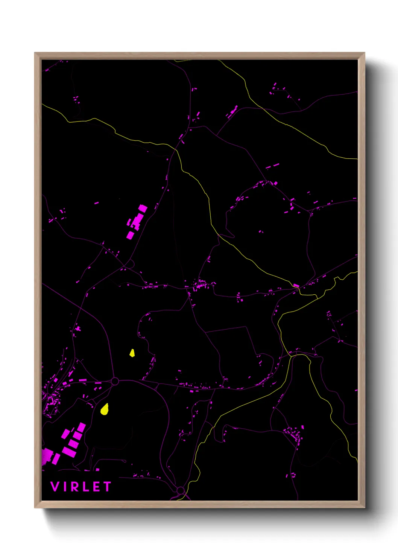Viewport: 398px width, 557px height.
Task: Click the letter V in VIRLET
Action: tap(55, 487)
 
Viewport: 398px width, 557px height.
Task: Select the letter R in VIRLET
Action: tap(74, 487)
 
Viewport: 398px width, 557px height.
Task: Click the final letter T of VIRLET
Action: tap(107, 487)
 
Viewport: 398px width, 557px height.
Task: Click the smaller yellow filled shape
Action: tap(132, 353)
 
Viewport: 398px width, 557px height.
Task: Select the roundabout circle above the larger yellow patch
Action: tap(115, 382)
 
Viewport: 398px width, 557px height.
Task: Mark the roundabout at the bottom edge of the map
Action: tap(181, 490)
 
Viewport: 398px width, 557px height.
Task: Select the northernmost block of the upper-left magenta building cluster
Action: tap(143, 208)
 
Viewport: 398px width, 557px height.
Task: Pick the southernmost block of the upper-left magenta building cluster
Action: tap(130, 236)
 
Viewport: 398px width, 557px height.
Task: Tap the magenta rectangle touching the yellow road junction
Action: tap(296, 286)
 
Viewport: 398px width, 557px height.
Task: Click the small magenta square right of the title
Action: tap(98, 470)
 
